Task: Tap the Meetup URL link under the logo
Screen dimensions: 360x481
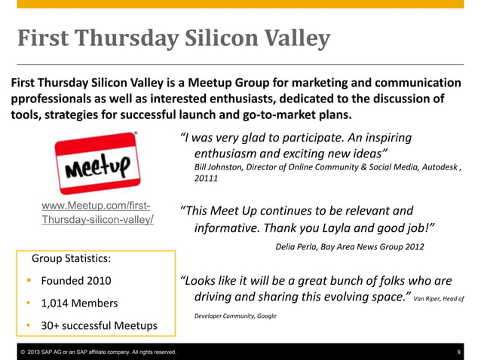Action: (x=98, y=213)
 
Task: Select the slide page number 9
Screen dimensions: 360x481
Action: (x=459, y=352)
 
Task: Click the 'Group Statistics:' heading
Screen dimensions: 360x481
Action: (x=72, y=259)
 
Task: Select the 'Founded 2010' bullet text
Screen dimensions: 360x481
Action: (x=76, y=281)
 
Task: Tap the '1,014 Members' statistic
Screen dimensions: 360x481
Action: (x=80, y=304)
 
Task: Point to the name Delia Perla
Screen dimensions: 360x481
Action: (x=296, y=246)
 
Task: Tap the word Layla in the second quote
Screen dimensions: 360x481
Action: (x=343, y=227)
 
